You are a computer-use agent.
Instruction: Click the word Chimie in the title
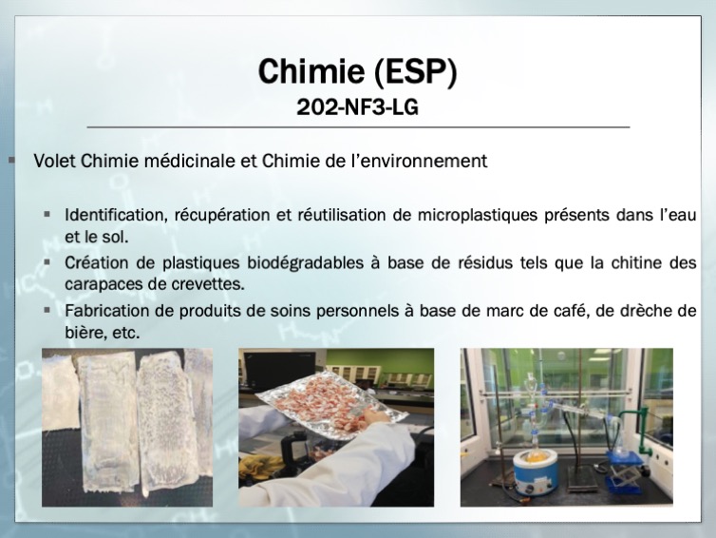click(311, 71)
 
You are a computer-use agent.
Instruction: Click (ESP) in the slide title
click(416, 71)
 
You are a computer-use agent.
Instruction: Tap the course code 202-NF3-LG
click(358, 107)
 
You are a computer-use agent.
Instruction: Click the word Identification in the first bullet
click(116, 215)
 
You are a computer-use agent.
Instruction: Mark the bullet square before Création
click(47, 262)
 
